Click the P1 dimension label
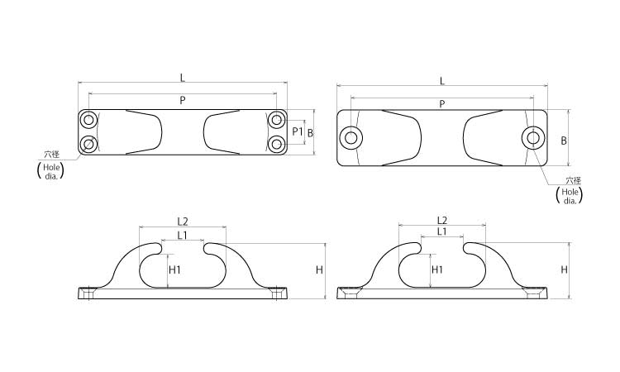pyautogui.click(x=298, y=131)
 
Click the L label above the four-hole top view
pyautogui.click(x=183, y=78)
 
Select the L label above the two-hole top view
pyautogui.click(x=442, y=82)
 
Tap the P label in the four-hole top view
pyautogui.click(x=183, y=100)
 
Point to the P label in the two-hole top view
pyautogui.click(x=442, y=104)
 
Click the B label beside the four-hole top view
pyautogui.click(x=310, y=133)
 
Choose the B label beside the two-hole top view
pyautogui.click(x=564, y=141)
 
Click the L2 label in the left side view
pyautogui.click(x=183, y=222)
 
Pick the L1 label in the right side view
pyautogui.click(x=441, y=231)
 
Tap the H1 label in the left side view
pyautogui.click(x=174, y=270)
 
